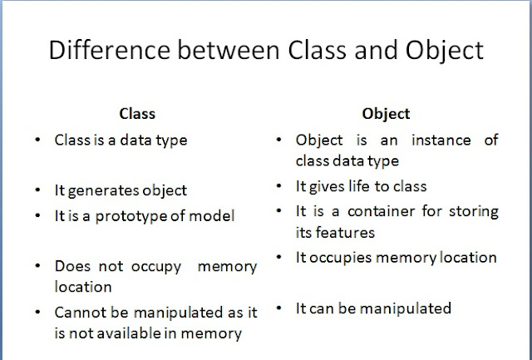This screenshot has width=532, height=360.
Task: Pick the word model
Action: (x=214, y=216)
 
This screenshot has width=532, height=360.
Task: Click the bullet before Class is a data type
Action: (x=38, y=141)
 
